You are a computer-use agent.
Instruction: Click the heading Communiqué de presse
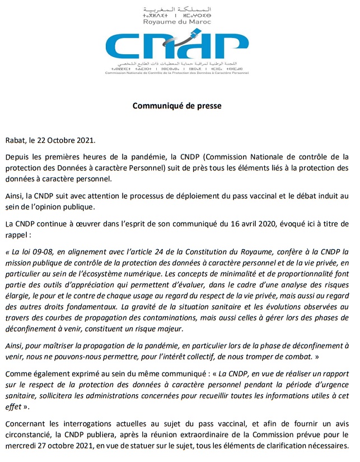(177, 105)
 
